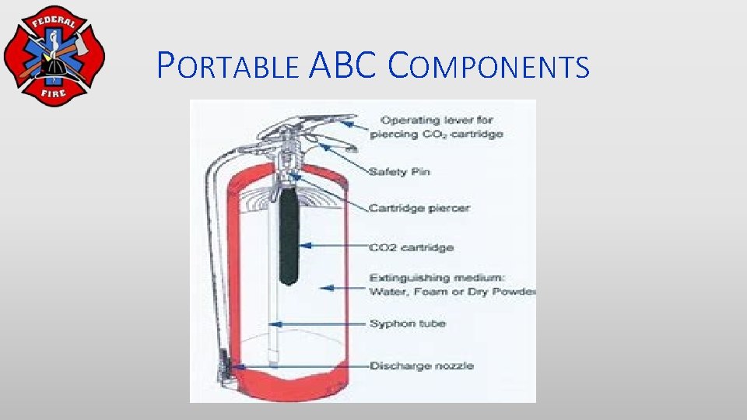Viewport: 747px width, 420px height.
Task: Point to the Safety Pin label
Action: click(399, 171)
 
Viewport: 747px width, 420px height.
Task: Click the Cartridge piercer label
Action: click(419, 208)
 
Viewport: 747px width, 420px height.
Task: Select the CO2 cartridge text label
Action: click(412, 247)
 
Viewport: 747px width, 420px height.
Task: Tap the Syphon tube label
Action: click(408, 324)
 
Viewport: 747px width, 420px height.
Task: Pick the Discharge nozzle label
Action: click(421, 366)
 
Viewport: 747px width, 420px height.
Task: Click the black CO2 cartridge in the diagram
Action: click(289, 233)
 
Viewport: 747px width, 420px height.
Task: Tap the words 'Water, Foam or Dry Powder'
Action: click(452, 292)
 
